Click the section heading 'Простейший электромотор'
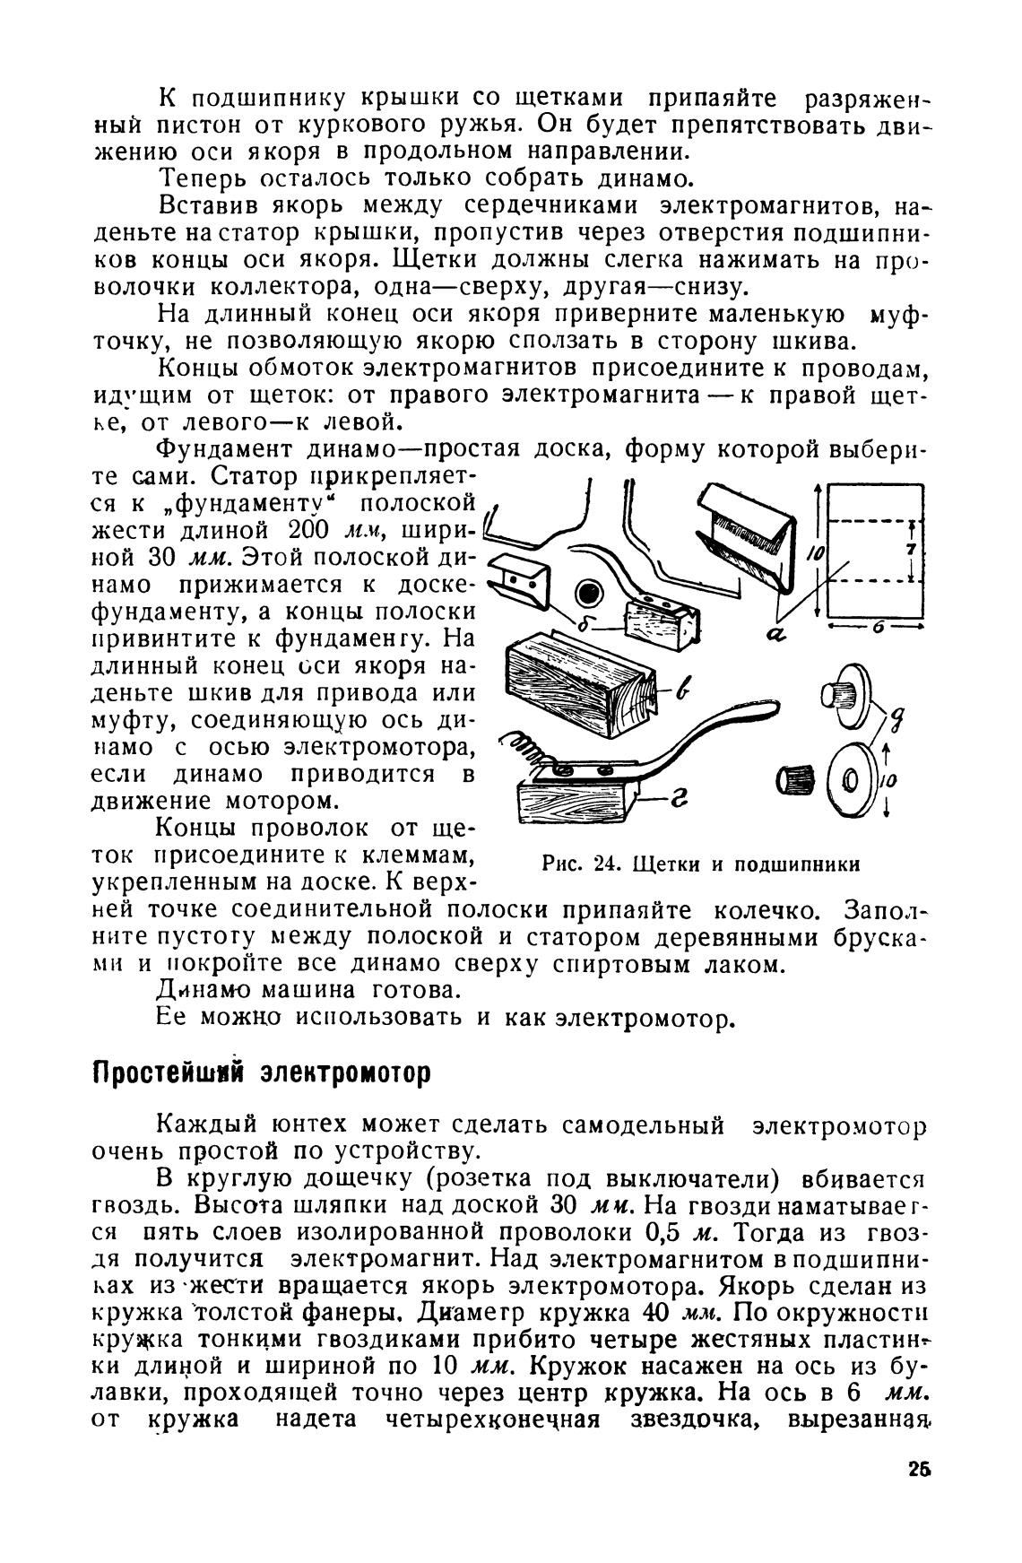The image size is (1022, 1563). tap(262, 1072)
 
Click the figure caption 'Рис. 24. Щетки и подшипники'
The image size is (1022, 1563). tap(701, 864)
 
